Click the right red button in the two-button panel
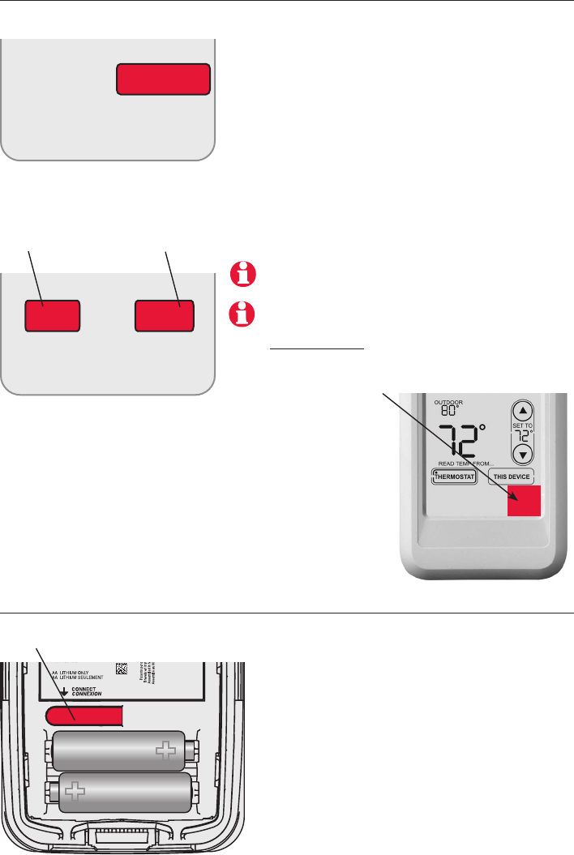click(164, 315)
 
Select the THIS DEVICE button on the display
click(512, 477)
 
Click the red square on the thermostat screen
click(523, 500)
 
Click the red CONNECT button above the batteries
click(84, 714)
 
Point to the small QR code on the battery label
click(121, 669)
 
